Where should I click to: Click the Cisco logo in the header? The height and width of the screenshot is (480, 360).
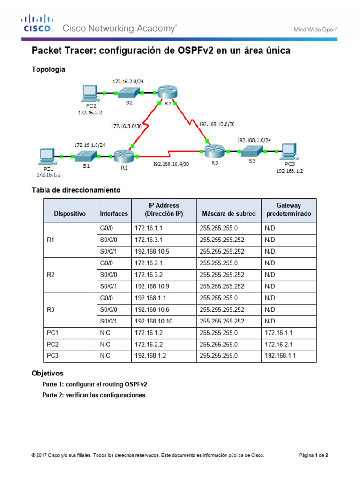[x=37, y=23]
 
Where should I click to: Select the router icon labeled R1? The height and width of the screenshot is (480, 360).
[x=123, y=156]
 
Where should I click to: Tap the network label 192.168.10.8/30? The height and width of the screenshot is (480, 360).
[x=217, y=125]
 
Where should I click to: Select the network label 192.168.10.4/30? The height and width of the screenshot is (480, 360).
[x=171, y=164]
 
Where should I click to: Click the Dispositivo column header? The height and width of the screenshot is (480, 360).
[x=70, y=213]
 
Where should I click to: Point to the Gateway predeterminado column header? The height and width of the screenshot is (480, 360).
[x=289, y=210]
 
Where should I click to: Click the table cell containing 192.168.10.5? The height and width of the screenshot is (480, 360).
[x=152, y=251]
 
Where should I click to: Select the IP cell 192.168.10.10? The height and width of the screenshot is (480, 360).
[x=154, y=321]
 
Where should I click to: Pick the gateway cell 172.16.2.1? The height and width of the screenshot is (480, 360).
[x=280, y=345]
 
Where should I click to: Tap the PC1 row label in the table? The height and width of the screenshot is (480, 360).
[x=52, y=333]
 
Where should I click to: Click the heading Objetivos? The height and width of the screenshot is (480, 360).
[x=47, y=374]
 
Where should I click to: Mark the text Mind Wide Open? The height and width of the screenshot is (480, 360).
[x=315, y=29]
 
